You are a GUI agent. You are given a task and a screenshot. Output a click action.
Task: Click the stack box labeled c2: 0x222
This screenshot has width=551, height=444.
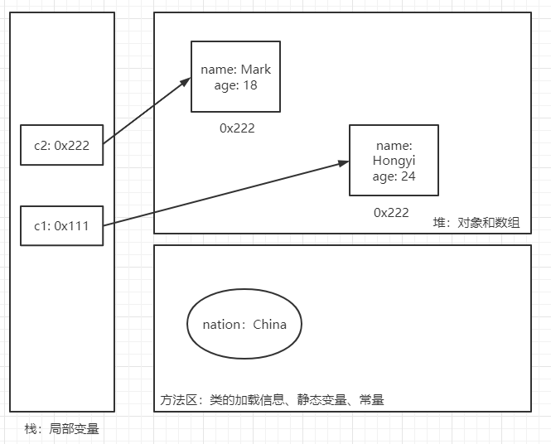tap(62, 145)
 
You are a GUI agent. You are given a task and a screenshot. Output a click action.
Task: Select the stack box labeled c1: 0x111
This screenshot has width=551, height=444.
tap(62, 224)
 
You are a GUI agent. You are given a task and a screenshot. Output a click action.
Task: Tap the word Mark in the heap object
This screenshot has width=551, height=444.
tap(255, 70)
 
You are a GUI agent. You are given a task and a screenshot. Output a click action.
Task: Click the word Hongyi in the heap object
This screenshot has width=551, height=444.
tap(394, 161)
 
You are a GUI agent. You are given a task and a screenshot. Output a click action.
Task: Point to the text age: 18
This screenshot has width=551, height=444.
tap(235, 84)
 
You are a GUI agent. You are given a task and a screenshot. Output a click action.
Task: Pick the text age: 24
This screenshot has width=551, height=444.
tap(394, 176)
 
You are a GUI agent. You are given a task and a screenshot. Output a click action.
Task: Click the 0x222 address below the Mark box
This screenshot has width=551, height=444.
tap(237, 128)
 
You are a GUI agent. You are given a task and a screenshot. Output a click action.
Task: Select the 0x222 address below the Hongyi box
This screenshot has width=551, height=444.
tap(391, 212)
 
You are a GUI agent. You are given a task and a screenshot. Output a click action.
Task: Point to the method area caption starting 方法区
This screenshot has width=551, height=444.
tap(271, 400)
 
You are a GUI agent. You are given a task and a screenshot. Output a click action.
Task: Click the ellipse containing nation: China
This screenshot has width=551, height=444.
tap(244, 324)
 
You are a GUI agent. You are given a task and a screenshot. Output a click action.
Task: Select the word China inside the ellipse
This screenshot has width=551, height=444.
tap(269, 324)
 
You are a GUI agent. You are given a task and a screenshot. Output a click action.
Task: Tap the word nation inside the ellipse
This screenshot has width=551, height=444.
tap(221, 324)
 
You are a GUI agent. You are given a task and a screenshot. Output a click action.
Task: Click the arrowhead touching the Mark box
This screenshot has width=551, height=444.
tap(186, 81)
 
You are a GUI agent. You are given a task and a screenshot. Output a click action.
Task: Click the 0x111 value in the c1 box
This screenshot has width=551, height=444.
tap(72, 224)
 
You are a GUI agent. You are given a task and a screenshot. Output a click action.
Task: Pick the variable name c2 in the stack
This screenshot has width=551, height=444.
tap(41, 145)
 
